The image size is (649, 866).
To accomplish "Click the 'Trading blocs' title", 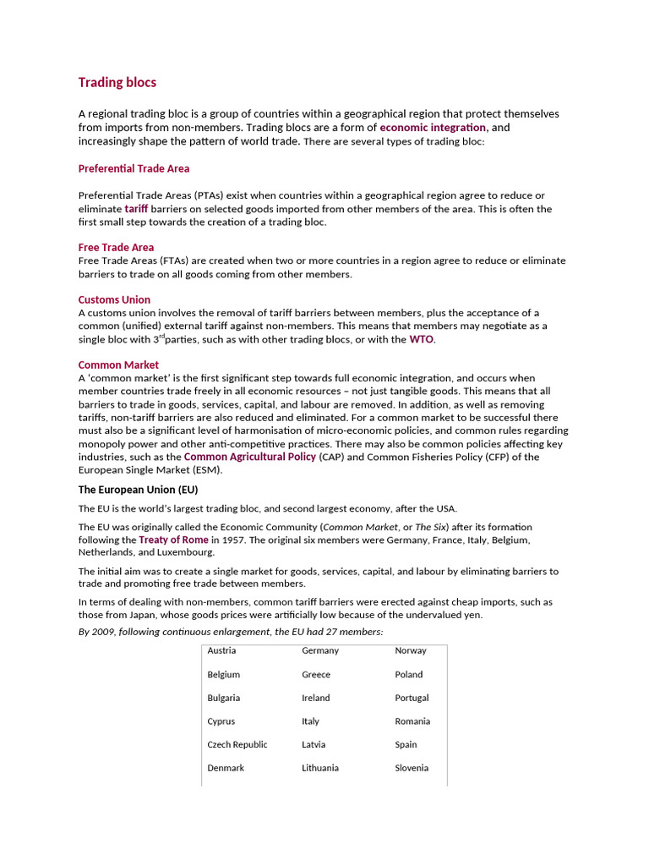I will tap(117, 82).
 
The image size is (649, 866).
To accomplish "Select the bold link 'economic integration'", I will tap(433, 127).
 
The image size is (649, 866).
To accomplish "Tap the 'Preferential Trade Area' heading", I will tap(134, 168).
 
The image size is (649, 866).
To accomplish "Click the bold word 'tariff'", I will tap(136, 208).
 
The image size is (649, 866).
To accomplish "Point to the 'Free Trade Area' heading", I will tap(116, 247).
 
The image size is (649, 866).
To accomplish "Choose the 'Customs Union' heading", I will tap(114, 299).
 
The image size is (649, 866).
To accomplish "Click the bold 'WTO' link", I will tap(422, 339).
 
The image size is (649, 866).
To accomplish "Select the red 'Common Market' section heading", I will tap(118, 365).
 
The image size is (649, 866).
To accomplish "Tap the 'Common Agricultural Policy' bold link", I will tap(250, 457).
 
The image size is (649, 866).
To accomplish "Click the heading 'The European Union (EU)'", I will tap(138, 490).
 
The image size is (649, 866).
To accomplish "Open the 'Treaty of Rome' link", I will tap(173, 540).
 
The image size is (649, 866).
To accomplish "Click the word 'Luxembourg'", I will tap(187, 552).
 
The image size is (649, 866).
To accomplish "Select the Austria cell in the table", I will tap(221, 650).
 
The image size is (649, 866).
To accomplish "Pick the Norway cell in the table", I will tap(411, 650).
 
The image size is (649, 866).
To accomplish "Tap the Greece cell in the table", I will tap(316, 674).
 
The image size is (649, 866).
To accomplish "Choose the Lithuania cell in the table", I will tap(320, 768).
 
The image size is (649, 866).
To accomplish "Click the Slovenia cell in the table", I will tap(412, 768).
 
